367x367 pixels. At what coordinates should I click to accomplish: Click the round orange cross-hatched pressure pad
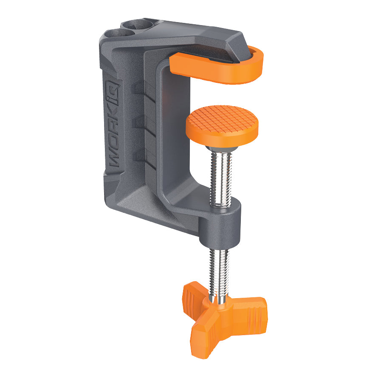tap(222, 123)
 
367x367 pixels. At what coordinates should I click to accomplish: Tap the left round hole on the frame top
tap(122, 33)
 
